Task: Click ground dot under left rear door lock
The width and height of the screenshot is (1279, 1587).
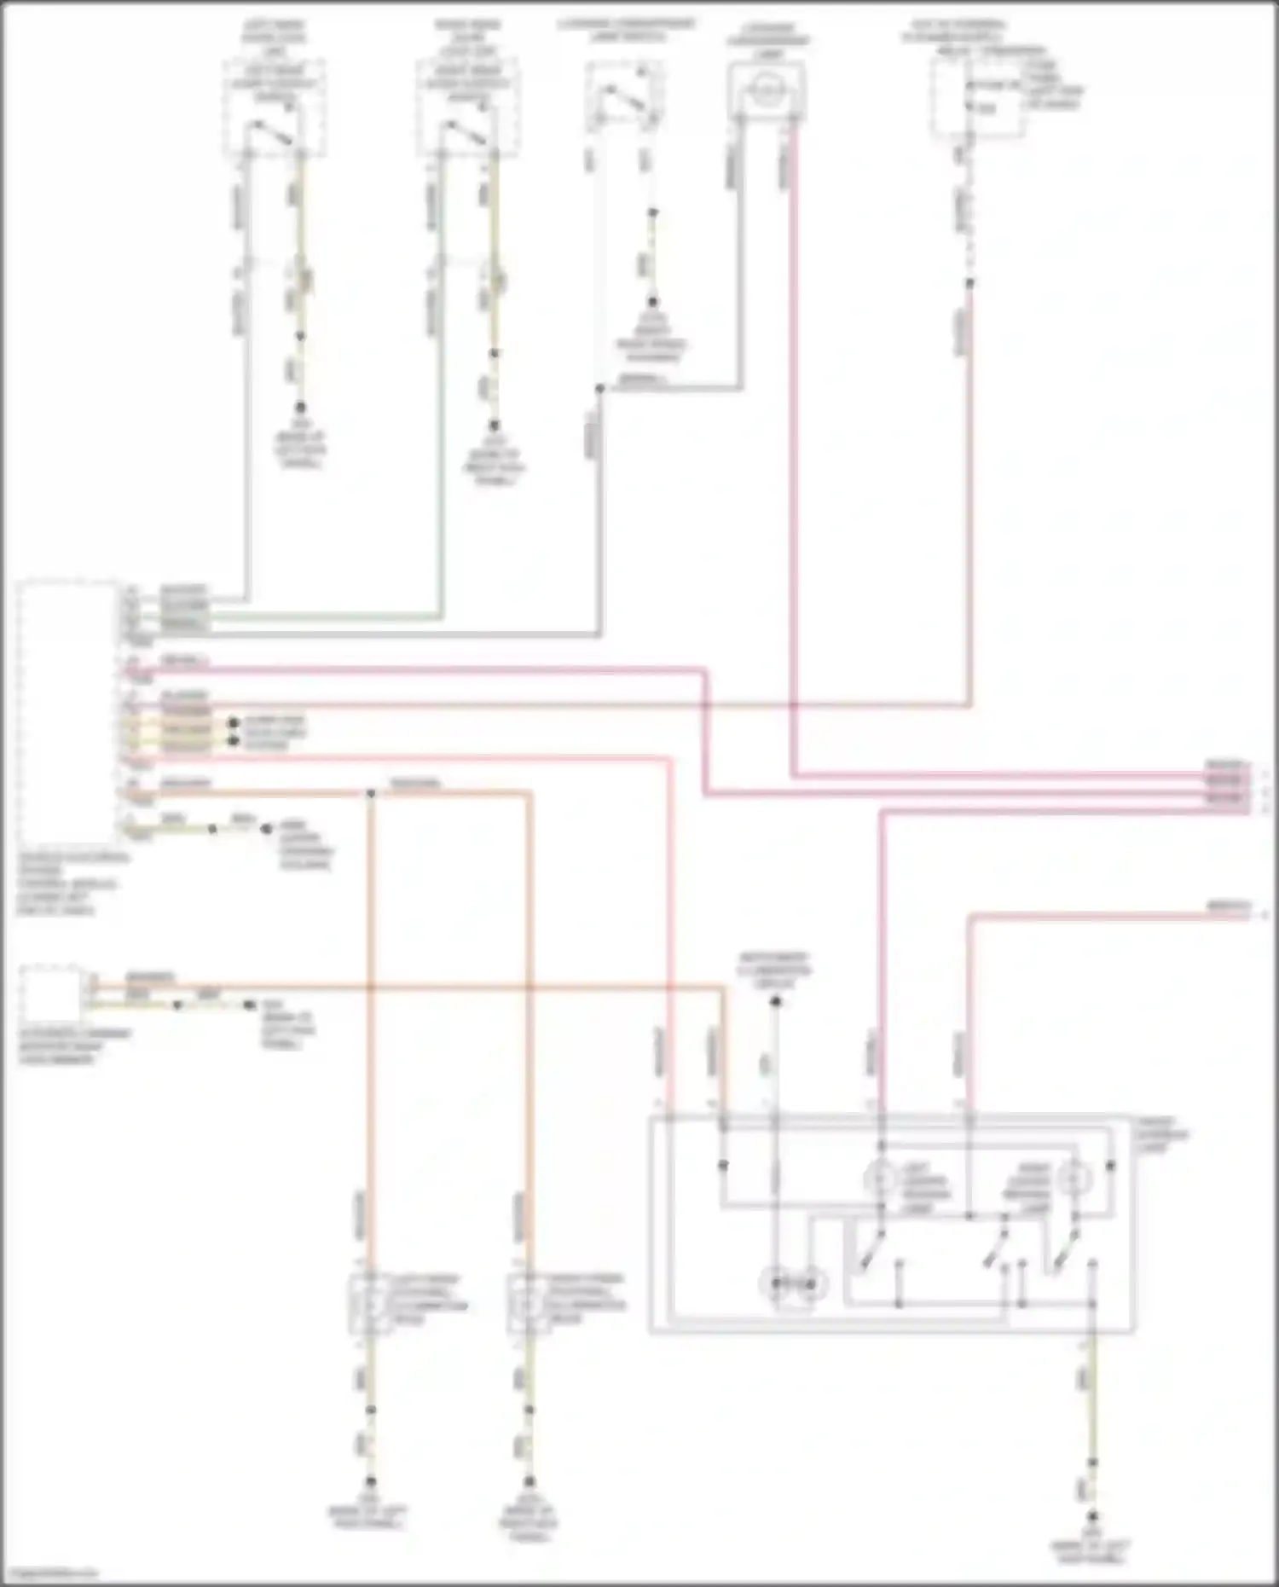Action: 300,408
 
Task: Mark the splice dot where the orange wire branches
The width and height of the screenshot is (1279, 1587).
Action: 371,794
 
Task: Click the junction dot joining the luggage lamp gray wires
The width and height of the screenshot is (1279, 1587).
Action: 599,389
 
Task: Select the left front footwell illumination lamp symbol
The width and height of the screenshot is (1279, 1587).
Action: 367,1303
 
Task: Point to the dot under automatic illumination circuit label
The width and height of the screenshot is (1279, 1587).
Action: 775,1002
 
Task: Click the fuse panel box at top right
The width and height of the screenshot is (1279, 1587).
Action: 964,99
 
